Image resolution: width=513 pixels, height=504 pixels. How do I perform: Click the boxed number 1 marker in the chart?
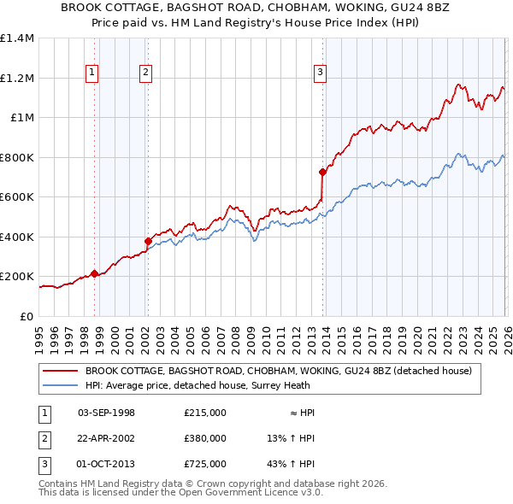tap(91, 73)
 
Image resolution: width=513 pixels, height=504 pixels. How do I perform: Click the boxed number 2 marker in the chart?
tap(146, 73)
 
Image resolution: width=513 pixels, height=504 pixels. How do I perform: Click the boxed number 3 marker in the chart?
tap(320, 73)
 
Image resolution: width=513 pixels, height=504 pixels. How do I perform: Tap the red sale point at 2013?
tap(322, 173)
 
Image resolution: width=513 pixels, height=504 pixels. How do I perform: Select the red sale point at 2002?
tap(148, 241)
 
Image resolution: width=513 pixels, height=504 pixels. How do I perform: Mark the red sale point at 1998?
tap(94, 273)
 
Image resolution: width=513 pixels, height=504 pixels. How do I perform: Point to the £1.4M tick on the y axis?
tap(17, 38)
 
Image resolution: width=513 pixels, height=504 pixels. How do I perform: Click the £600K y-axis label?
tap(17, 196)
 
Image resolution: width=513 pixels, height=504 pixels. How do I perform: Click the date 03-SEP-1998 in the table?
tap(106, 413)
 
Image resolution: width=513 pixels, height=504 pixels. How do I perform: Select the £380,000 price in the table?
tap(204, 438)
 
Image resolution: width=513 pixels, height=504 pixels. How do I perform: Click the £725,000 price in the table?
tap(204, 464)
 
